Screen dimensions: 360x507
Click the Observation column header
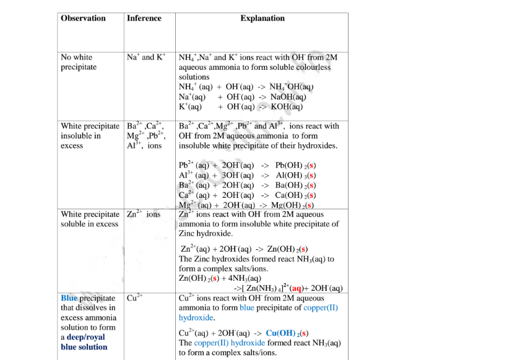[83, 19]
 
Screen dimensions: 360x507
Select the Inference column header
[144, 19]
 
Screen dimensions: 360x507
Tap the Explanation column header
[262, 19]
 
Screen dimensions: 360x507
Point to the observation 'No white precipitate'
[79, 62]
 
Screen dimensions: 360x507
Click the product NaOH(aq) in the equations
[287, 97]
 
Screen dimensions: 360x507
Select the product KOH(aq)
[286, 106]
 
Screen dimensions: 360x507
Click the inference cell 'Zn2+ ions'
[144, 215]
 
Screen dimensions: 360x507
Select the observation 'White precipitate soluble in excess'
[90, 219]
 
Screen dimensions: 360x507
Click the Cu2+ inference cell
[135, 298]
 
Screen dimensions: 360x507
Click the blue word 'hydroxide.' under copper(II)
[196, 317]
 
